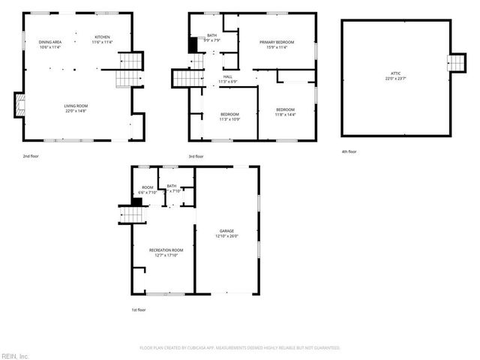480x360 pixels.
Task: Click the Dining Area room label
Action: coord(51,44)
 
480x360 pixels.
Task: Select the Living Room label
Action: coord(76,109)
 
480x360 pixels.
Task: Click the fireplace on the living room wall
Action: coord(19,104)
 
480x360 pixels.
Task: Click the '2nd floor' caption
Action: coord(31,156)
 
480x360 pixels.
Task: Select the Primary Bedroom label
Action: coord(277,44)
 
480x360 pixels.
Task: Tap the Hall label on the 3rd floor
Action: coord(227,79)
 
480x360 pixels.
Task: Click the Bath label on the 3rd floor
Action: coord(211,37)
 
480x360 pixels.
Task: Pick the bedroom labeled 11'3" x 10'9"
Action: coord(229,117)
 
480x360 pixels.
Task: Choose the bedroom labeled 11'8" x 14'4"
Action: coord(285,112)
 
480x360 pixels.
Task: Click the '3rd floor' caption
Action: coord(196,156)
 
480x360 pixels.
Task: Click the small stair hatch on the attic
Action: coord(456,63)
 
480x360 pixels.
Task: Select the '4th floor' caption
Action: coord(349,152)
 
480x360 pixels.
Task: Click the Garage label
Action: coord(226,233)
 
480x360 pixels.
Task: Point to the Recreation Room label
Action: coord(166,251)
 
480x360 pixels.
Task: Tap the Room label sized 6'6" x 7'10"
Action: coord(148,190)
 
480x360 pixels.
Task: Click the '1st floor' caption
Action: coord(138,309)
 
